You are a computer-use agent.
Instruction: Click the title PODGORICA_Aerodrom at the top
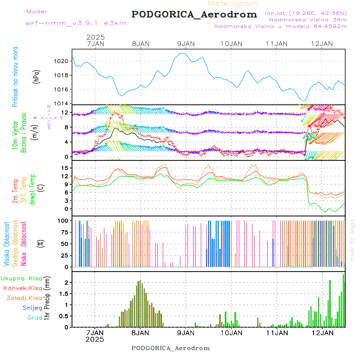[194, 14]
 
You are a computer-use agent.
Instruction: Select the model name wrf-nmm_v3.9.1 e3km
[76, 23]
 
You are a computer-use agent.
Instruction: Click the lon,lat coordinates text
[306, 13]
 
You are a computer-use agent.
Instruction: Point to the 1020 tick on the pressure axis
[62, 61]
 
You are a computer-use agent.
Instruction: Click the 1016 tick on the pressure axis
[62, 89]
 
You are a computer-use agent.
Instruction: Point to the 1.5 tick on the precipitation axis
[65, 294]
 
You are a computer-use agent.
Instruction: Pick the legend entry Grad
[35, 318]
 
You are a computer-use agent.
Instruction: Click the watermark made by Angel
[352, 240]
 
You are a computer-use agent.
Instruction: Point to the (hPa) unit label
[36, 77]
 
